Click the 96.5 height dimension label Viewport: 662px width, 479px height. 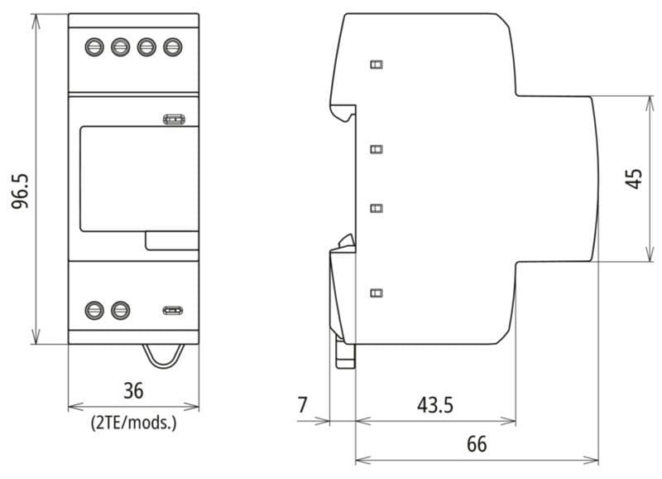(20, 191)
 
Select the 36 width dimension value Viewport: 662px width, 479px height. (133, 390)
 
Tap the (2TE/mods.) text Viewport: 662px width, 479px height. (133, 423)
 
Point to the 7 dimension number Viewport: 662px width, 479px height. (302, 405)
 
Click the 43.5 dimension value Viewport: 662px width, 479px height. (435, 405)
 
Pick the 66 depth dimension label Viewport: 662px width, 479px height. (477, 444)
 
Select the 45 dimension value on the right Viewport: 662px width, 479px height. (634, 178)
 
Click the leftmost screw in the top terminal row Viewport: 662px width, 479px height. (94, 47)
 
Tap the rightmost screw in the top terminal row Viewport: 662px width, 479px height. (173, 47)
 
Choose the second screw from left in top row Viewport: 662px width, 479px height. (120, 47)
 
